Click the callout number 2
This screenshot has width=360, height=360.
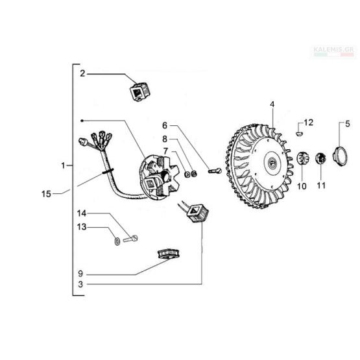coord(82,73)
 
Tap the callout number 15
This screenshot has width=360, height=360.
coord(46,194)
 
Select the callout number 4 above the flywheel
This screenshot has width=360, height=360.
coord(272,104)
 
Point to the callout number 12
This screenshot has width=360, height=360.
coord(308,123)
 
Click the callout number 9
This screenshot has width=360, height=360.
coord(80,274)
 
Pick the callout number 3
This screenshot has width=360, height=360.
coord(80,284)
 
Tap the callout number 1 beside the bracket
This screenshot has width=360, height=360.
coord(63,165)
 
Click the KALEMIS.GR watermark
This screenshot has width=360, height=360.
coord(333,50)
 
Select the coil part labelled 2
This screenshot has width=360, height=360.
coord(139,91)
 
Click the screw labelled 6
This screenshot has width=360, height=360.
coord(215,171)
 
